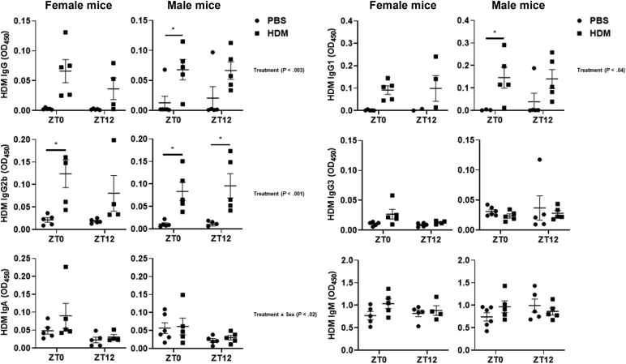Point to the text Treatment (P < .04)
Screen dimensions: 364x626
click(x=599, y=70)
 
